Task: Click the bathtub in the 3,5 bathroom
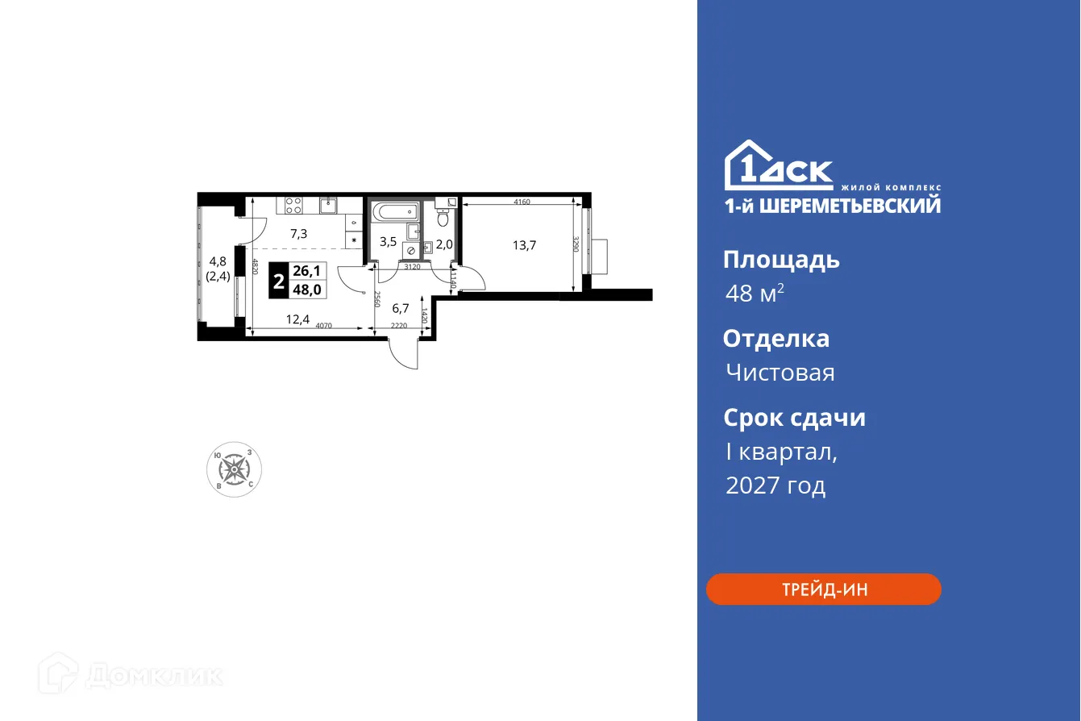(x=395, y=215)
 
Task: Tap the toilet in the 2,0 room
(x=443, y=216)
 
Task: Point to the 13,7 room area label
(x=524, y=246)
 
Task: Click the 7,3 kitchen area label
(x=298, y=234)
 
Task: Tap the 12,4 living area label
(x=297, y=319)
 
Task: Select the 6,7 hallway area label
(x=401, y=307)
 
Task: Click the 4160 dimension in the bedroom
(x=520, y=202)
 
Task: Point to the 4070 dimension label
(x=323, y=326)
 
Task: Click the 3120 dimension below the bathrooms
(x=412, y=266)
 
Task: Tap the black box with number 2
(x=278, y=282)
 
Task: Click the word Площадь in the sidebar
(x=780, y=260)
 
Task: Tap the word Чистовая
(x=780, y=373)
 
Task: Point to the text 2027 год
(x=775, y=486)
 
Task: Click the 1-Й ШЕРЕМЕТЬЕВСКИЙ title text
(x=831, y=206)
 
